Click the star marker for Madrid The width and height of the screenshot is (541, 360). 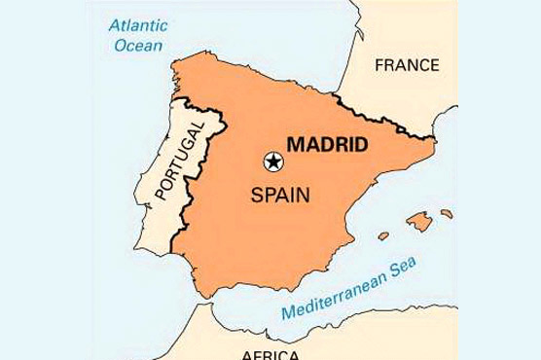270,162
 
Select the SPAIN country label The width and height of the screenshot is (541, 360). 280,195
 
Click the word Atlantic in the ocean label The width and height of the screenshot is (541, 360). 139,25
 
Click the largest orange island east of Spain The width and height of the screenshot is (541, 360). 418,222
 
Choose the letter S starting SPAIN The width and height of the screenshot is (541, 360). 257,195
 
